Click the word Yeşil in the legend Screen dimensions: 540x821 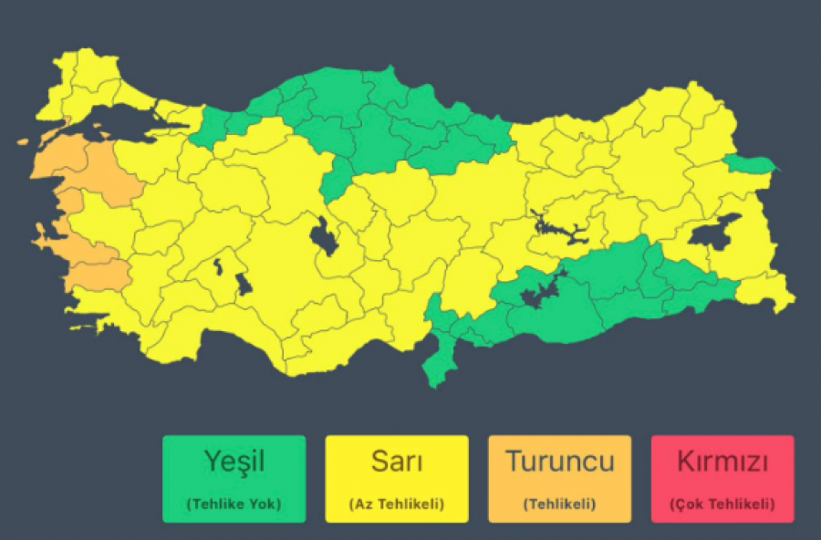(x=234, y=462)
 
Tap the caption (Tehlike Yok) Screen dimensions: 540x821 (x=234, y=504)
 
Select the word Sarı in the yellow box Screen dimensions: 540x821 (x=397, y=462)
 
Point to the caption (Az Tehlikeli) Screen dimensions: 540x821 (x=397, y=504)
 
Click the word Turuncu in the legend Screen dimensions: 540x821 (x=559, y=462)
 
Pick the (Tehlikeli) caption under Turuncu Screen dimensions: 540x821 (x=559, y=504)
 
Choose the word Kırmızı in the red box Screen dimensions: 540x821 (x=722, y=462)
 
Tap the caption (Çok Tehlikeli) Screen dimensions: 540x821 (x=722, y=504)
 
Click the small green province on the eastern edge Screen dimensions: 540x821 (x=750, y=164)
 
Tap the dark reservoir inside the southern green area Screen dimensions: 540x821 (x=538, y=294)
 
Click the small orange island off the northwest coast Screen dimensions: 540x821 (x=22, y=142)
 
